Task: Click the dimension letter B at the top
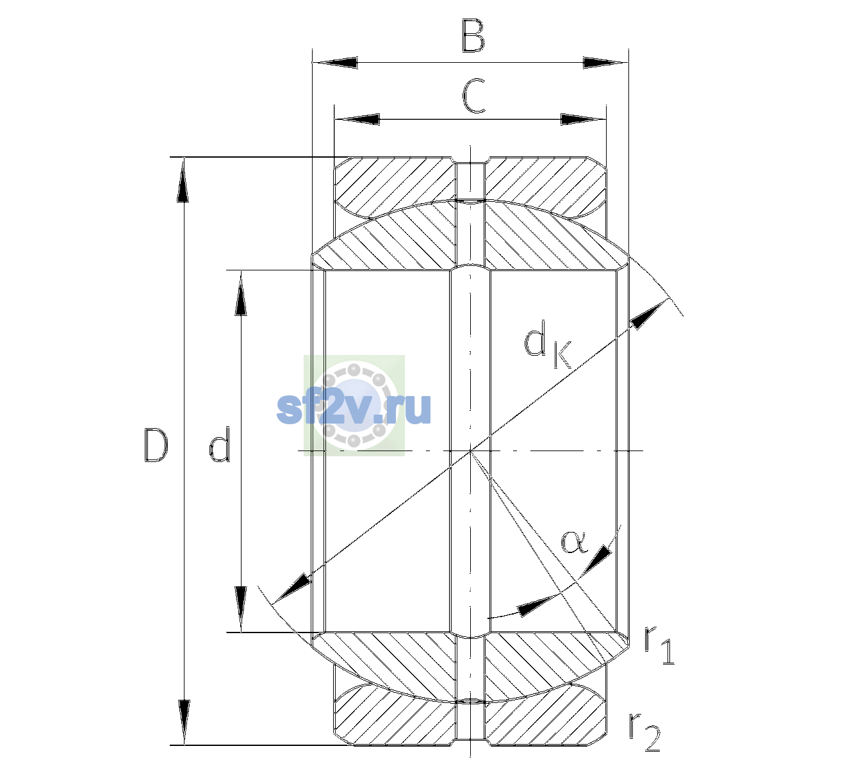click(473, 36)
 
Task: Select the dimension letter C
click(473, 95)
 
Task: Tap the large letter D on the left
click(156, 445)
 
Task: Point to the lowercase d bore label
click(220, 443)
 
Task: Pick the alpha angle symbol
click(574, 542)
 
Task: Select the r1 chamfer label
click(659, 645)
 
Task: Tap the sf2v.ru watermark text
click(354, 408)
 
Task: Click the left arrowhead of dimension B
click(335, 62)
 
